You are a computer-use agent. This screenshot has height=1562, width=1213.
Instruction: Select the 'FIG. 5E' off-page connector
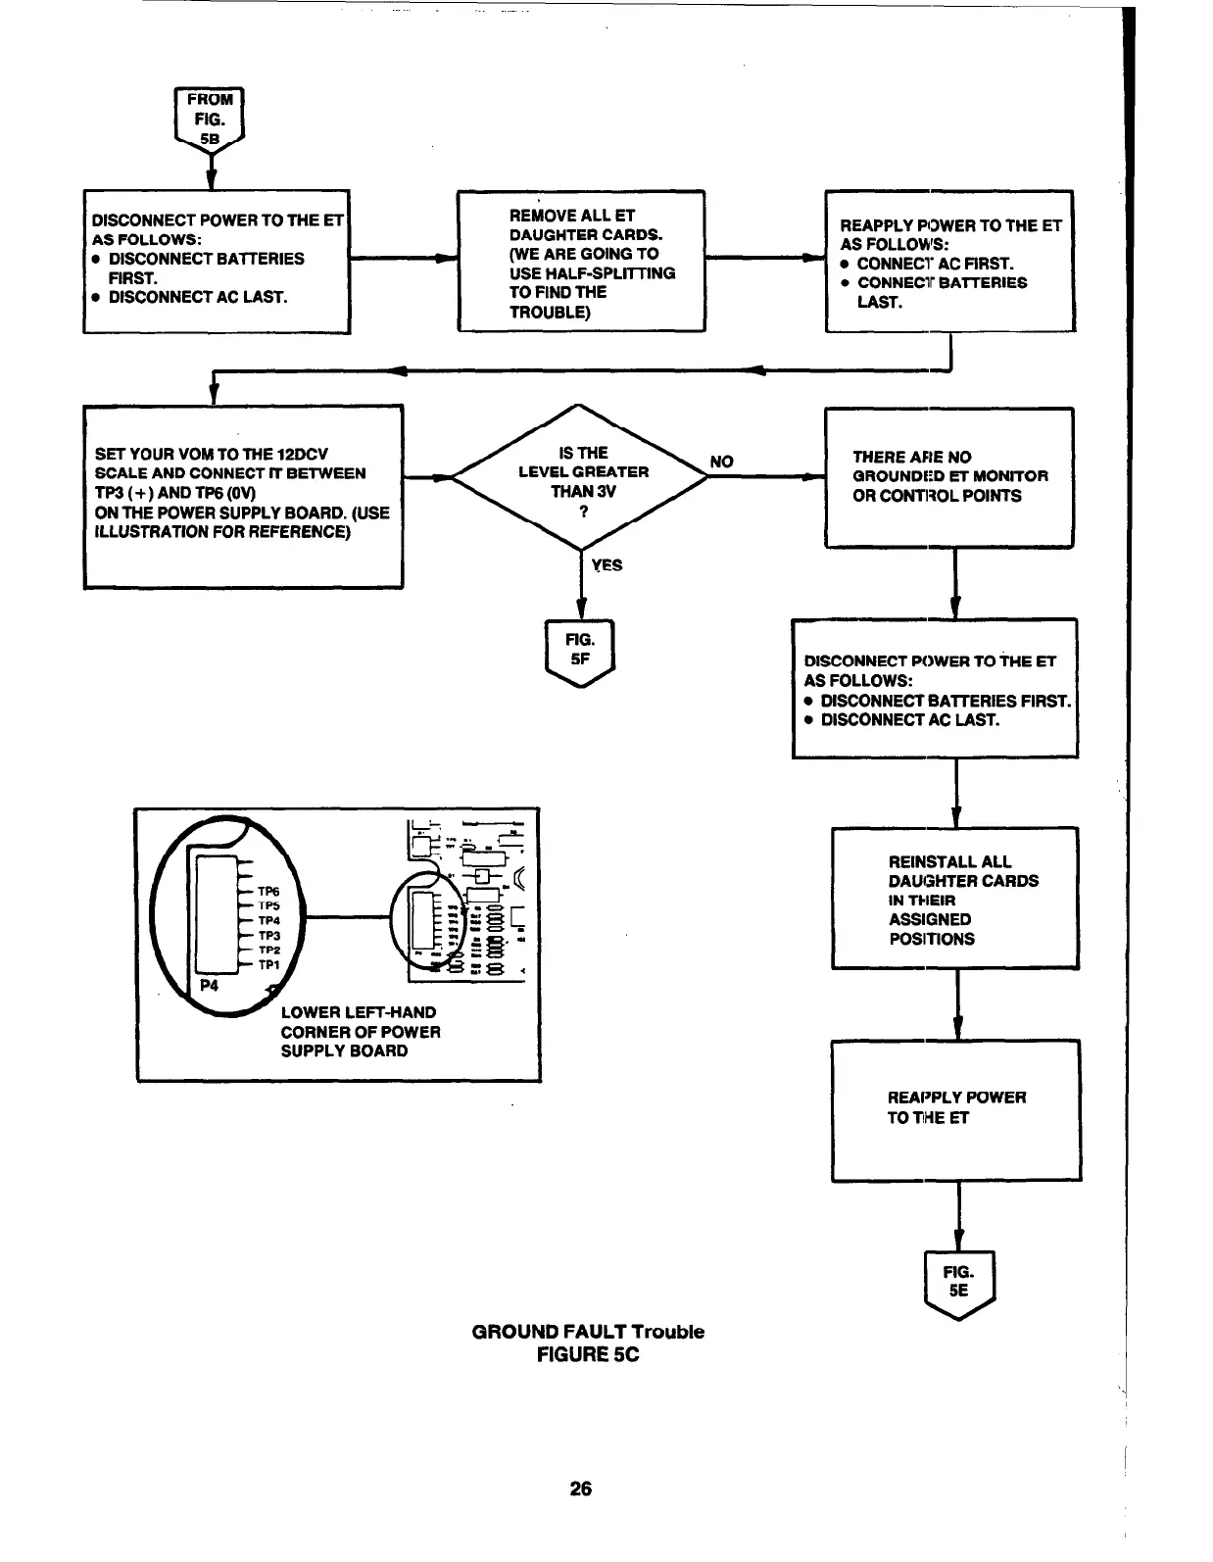pyautogui.click(x=958, y=1283)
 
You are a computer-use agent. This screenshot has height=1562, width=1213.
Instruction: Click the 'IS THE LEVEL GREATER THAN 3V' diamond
pyautogui.click(x=582, y=477)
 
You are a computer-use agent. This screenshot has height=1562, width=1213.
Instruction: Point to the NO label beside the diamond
pyautogui.click(x=721, y=462)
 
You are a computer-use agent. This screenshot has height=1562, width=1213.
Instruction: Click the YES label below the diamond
pyautogui.click(x=607, y=565)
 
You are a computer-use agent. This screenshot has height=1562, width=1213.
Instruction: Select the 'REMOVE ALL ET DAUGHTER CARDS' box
pyautogui.click(x=581, y=262)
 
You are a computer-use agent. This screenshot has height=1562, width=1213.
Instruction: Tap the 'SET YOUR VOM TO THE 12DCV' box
pyautogui.click(x=243, y=496)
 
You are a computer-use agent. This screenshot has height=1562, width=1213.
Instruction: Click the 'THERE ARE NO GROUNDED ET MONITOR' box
pyautogui.click(x=949, y=477)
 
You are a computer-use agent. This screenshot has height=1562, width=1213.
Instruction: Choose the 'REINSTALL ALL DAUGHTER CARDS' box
pyautogui.click(x=955, y=899)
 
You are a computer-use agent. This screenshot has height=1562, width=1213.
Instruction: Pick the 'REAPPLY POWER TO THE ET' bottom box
pyautogui.click(x=955, y=1110)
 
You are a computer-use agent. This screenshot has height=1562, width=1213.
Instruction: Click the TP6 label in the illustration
pyautogui.click(x=268, y=892)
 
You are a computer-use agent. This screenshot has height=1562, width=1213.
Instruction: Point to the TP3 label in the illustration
pyautogui.click(x=268, y=936)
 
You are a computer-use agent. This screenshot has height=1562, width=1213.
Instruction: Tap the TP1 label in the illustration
pyautogui.click(x=268, y=965)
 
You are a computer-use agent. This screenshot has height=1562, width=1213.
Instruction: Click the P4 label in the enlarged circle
pyautogui.click(x=210, y=986)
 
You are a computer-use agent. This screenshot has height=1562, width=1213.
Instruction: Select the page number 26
pyautogui.click(x=581, y=1489)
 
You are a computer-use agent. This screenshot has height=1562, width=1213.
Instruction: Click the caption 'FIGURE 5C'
pyautogui.click(x=588, y=1355)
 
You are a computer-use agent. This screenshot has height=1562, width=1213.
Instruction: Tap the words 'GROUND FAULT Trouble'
pyautogui.click(x=588, y=1332)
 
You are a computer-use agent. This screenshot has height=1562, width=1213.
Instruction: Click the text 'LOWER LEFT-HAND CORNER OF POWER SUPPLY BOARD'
pyautogui.click(x=360, y=1032)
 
